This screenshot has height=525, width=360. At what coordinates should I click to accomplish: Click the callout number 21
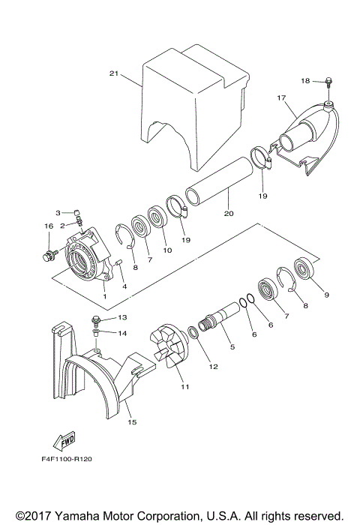click(114, 73)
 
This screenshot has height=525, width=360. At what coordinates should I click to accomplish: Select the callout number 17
click(282, 97)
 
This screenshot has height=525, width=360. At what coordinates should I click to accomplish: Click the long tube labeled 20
click(218, 180)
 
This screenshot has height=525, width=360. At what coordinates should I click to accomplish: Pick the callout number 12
click(214, 367)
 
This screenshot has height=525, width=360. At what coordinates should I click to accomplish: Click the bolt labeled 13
click(96, 319)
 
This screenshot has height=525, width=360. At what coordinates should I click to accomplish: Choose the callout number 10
click(167, 250)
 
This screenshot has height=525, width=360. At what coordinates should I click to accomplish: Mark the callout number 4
click(124, 286)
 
